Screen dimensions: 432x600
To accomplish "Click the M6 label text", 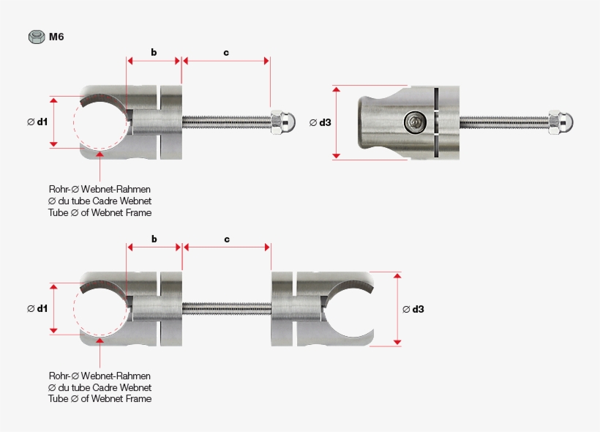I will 56,36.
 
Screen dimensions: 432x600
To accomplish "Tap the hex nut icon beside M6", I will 36,36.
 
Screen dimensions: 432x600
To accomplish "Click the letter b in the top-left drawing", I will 154,52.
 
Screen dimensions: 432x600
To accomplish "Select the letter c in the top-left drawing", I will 226,52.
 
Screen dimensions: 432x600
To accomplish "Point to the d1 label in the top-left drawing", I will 37,122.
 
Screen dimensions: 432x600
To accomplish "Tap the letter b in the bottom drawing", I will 154,239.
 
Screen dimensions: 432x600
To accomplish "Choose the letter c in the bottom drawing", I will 226,239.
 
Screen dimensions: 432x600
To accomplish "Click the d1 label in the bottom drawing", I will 37,308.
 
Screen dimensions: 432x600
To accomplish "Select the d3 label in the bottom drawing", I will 413,309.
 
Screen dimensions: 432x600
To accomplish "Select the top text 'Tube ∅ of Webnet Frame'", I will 100,212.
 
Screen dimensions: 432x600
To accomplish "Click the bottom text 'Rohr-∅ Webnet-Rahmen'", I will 100,375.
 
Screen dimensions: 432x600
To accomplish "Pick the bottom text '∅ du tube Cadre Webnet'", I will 100,387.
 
